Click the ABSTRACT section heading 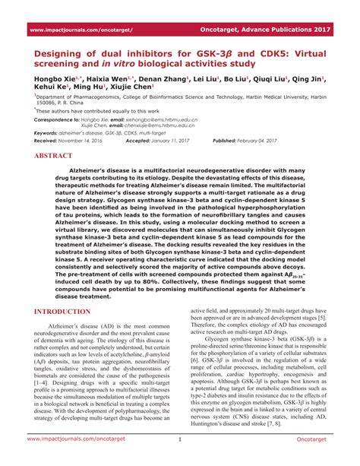[x=57, y=154]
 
